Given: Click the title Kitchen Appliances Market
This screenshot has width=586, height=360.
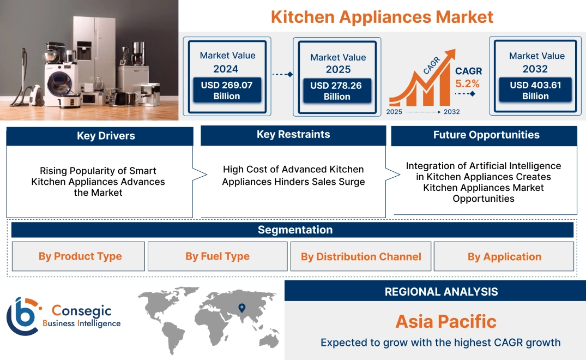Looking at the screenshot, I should coord(382,17).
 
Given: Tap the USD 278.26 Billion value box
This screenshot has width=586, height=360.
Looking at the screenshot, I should coord(337,91).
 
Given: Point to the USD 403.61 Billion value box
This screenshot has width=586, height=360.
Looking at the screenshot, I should coord(535,90).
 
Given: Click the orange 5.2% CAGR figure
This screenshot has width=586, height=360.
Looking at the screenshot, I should coord(468,83).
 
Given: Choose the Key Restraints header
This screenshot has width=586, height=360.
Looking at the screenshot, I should coord(293,135).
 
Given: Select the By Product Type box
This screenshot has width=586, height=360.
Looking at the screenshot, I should coord(80,256).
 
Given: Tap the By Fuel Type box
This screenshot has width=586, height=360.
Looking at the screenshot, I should coord(218,256).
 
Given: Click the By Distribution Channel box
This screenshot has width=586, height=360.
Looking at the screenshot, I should coord(361,256).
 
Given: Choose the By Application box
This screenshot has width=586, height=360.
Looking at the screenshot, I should coord(504,256).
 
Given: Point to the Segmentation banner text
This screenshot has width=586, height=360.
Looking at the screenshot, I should coord(295,230).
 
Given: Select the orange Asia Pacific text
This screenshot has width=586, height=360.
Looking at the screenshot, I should coord(446,321).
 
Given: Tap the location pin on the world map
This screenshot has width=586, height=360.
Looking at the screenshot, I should coord(242,309).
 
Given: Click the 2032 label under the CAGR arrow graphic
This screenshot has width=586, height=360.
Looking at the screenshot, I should coord(451,112).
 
